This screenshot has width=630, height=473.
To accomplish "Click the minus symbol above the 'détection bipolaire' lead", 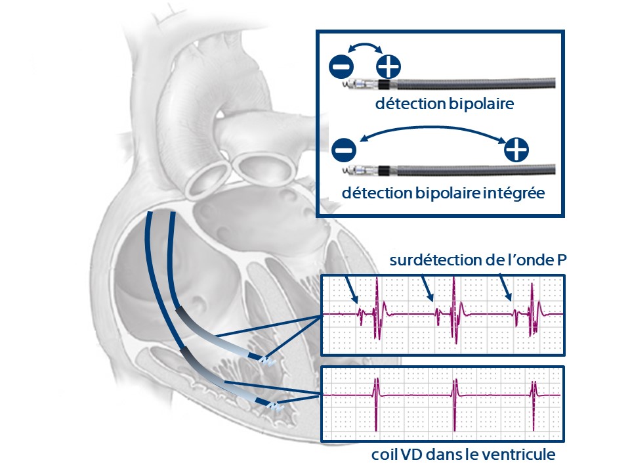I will click(x=342, y=66).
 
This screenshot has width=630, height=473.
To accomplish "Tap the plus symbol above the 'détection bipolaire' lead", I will click(x=388, y=66).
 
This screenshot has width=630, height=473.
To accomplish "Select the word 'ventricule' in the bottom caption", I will click(x=522, y=454).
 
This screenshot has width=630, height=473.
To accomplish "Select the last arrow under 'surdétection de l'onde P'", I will click(x=506, y=286).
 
